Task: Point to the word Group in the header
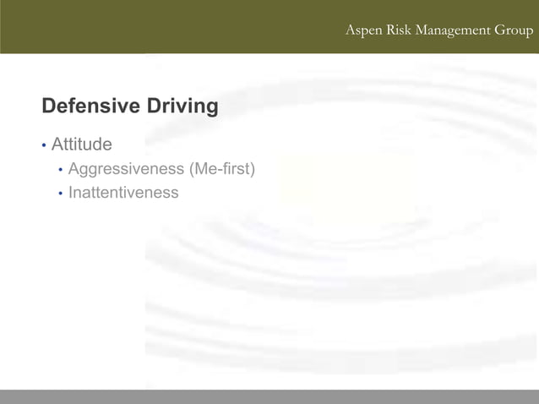click(514, 31)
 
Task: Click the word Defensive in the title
click(90, 106)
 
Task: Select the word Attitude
click(81, 145)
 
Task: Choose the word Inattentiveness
click(123, 193)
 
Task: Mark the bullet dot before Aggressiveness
click(60, 170)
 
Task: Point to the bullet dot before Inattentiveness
click(60, 194)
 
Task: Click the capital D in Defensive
click(48, 106)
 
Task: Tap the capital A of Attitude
click(57, 145)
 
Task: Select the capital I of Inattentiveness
click(71, 193)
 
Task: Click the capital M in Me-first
click(202, 169)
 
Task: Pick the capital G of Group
click(500, 30)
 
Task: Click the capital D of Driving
click(154, 106)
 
